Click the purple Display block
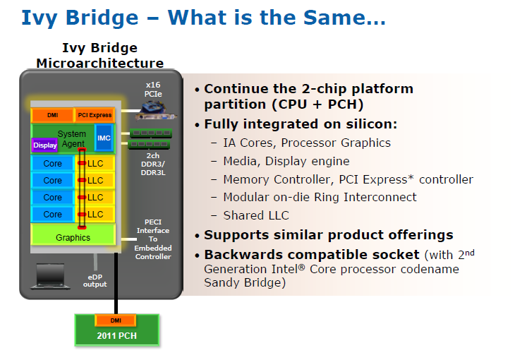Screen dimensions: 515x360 [45, 145]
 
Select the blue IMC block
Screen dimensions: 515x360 [104, 138]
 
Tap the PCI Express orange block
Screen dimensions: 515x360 [95, 115]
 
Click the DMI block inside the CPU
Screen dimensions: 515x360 [52, 115]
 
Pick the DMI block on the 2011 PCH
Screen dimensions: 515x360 [116, 320]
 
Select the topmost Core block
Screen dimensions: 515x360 [52, 163]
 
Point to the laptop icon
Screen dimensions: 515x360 [50, 276]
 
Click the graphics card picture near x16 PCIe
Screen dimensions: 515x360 [157, 111]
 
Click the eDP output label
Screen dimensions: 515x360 [95, 281]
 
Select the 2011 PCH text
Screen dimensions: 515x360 [116, 336]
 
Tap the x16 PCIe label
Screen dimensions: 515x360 [153, 90]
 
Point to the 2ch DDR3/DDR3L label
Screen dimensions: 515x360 [153, 164]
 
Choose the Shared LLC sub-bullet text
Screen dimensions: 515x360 [256, 215]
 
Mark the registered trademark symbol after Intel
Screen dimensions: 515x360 [301, 267]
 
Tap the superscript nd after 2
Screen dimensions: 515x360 [470, 253]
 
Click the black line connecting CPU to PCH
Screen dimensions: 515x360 [116, 283]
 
